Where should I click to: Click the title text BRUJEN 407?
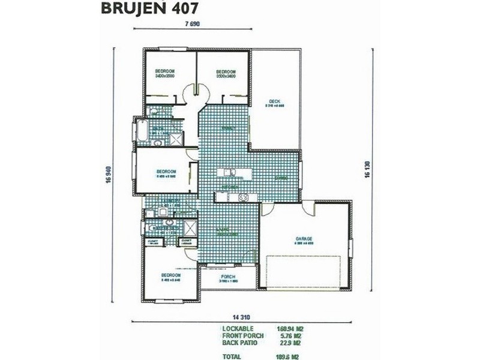[146, 9]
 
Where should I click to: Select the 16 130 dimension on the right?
[367, 165]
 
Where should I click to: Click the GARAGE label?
[304, 238]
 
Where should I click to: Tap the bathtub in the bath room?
[142, 131]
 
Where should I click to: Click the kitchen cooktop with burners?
[244, 197]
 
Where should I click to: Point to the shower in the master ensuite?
[191, 229]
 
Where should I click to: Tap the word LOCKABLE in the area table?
[237, 329]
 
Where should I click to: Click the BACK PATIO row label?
[240, 343]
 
